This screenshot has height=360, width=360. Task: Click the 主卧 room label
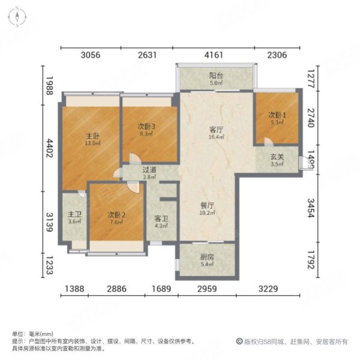(x=92, y=136)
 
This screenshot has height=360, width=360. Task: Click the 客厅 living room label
(x=216, y=130)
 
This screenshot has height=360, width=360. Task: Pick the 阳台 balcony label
(x=216, y=76)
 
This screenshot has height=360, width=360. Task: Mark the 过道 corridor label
(x=150, y=170)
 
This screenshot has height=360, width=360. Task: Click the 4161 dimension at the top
(x=214, y=55)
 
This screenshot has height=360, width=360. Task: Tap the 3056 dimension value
(x=90, y=55)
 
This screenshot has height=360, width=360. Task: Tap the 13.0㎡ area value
(x=92, y=143)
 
